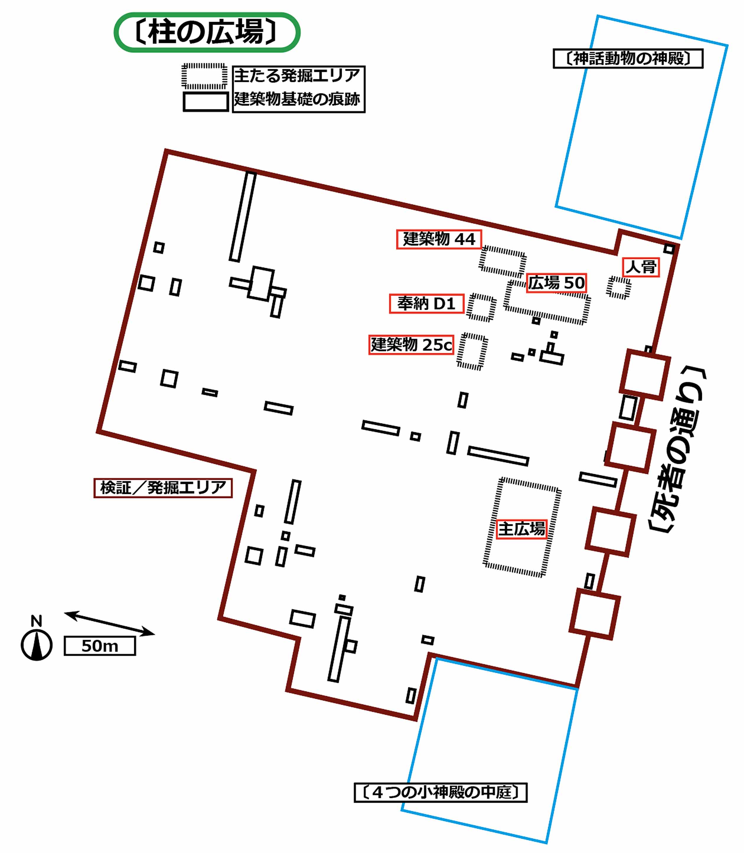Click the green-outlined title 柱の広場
point(207,32)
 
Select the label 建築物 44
point(439,239)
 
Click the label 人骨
point(641,267)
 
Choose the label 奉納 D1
point(426,303)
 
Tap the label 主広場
point(521,529)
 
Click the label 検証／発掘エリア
point(163,488)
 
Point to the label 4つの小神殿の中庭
point(440,792)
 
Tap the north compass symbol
point(37,645)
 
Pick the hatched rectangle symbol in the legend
point(204,76)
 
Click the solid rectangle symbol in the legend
point(206,102)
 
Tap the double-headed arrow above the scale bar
point(109,623)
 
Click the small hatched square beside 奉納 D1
point(481,308)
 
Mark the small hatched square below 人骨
point(619,287)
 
